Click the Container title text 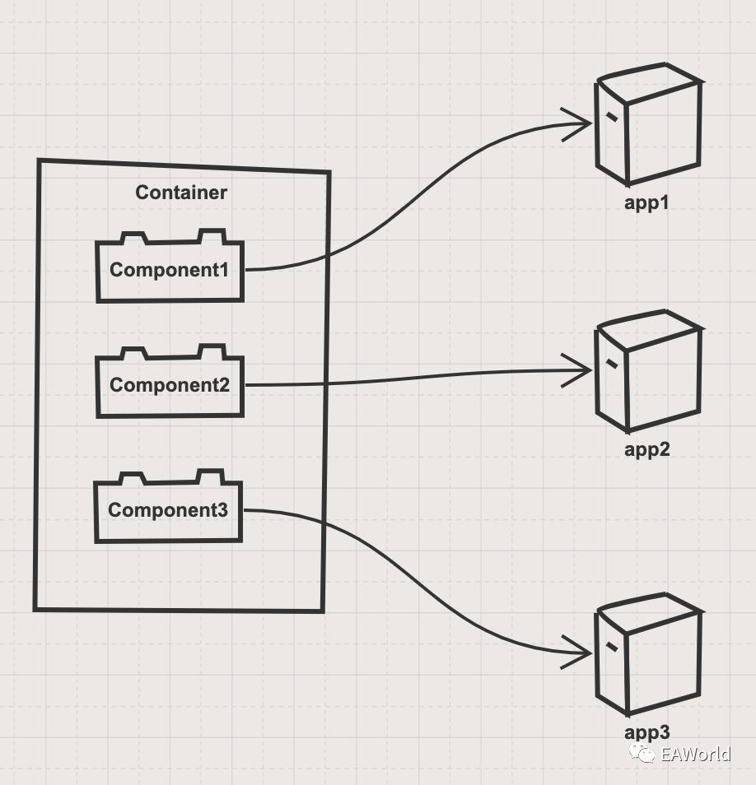(x=181, y=193)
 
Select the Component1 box (x=170, y=271)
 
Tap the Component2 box (x=170, y=385)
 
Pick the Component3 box (x=168, y=510)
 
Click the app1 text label (x=646, y=202)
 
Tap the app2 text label (x=646, y=449)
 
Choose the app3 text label (x=646, y=732)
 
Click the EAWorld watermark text (x=696, y=754)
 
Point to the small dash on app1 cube (x=611, y=117)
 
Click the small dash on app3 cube (x=611, y=646)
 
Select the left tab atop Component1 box (x=133, y=239)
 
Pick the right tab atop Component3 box (x=210, y=477)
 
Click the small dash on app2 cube (x=611, y=362)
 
